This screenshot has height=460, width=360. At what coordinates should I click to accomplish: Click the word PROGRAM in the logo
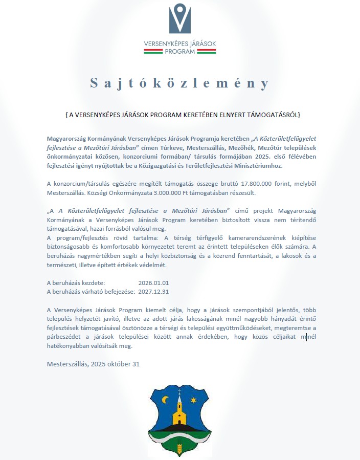pyautogui.click(x=179, y=51)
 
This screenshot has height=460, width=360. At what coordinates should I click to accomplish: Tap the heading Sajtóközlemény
pyautogui.click(x=179, y=83)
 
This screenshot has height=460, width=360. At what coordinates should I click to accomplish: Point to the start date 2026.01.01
pyautogui.click(x=153, y=282)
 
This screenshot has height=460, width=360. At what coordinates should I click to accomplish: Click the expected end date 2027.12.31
pyautogui.click(x=153, y=292)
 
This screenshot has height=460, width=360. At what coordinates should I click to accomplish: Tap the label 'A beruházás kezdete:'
pyautogui.click(x=76, y=282)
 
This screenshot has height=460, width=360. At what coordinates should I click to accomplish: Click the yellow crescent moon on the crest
pyautogui.click(x=165, y=400)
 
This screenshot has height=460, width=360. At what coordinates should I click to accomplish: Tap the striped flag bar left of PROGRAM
pyautogui.click(x=153, y=51)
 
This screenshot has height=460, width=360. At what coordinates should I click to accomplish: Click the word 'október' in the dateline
pyautogui.click(x=119, y=364)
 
